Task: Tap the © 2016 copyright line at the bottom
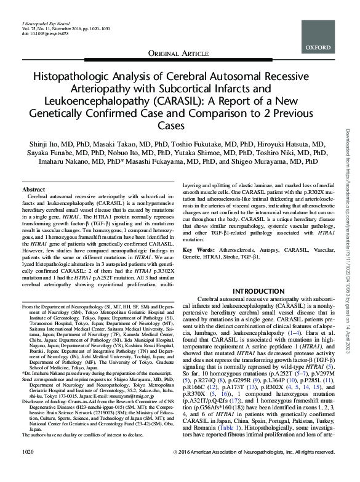[x=257, y=470]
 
